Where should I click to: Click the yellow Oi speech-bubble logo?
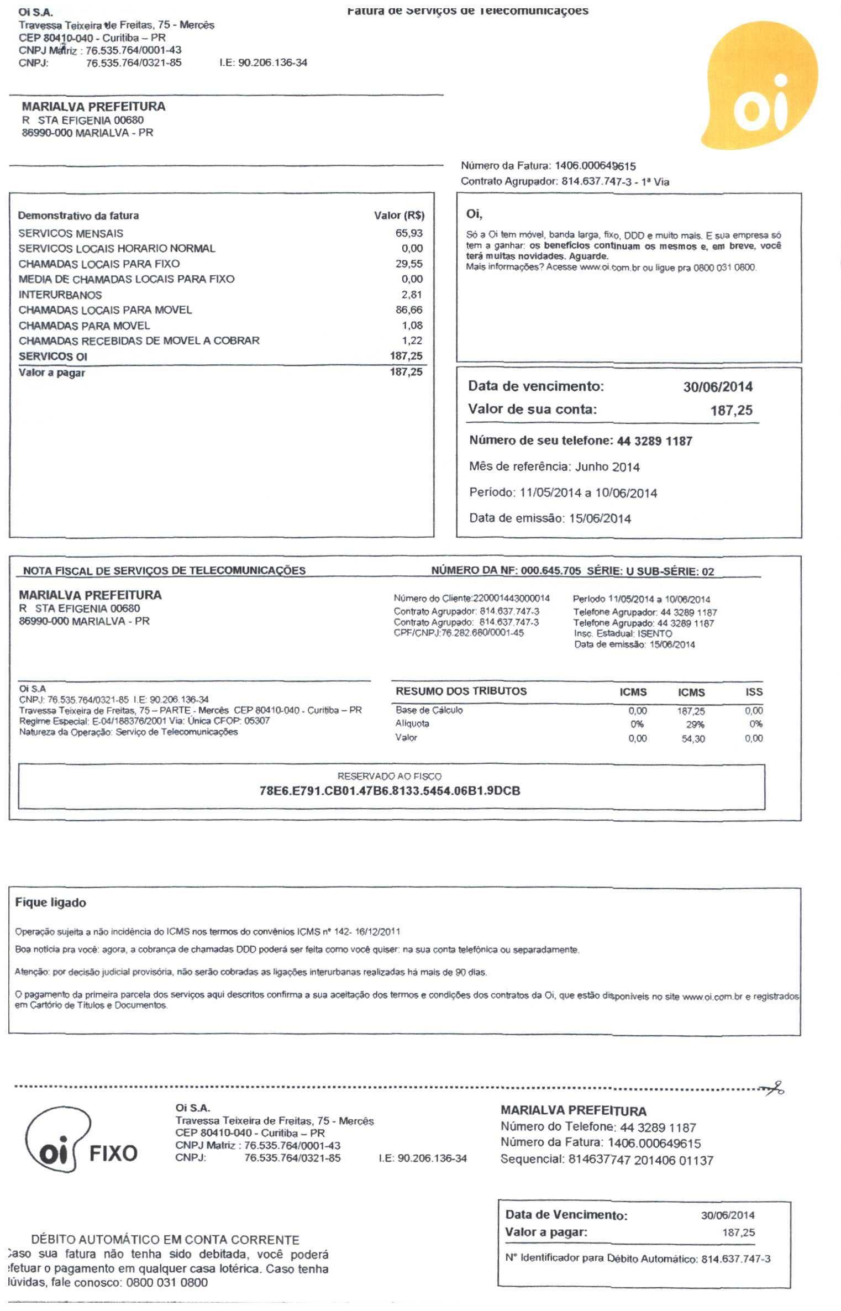pyautogui.click(x=760, y=88)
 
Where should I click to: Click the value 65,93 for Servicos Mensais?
pyautogui.click(x=409, y=233)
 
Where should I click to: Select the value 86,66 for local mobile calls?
pyautogui.click(x=409, y=310)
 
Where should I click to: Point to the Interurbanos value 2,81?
pyautogui.click(x=412, y=295)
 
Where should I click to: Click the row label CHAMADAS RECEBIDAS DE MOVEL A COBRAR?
pyautogui.click(x=139, y=341)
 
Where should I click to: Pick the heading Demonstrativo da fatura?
pyautogui.click(x=78, y=216)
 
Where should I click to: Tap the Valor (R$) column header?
pyautogui.click(x=399, y=216)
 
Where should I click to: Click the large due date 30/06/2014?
pyautogui.click(x=718, y=387)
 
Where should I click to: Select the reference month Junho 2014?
pyautogui.click(x=607, y=467)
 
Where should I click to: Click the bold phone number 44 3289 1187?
pyautogui.click(x=654, y=441)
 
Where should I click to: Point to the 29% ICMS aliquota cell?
pyautogui.click(x=695, y=725)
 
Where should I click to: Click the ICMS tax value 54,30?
pyautogui.click(x=693, y=739)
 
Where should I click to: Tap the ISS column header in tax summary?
pyautogui.click(x=754, y=692)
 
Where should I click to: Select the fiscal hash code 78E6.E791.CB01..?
pyautogui.click(x=390, y=791)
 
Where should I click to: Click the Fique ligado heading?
pyautogui.click(x=50, y=903)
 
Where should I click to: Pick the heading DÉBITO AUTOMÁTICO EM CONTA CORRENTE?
pyautogui.click(x=165, y=1240)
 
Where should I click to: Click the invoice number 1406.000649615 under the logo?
pyautogui.click(x=595, y=166)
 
